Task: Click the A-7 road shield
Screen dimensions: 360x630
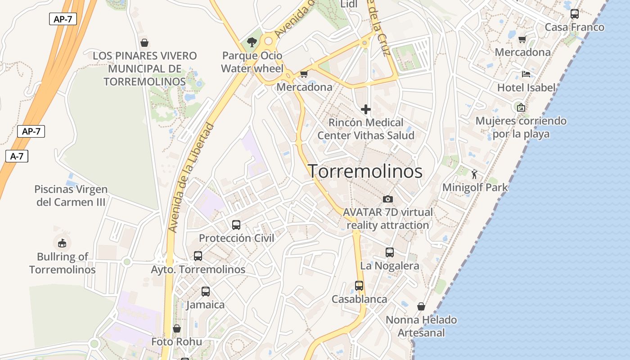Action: coord(17,156)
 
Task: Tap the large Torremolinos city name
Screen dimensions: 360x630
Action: coord(365,171)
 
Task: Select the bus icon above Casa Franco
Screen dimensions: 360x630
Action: coord(575,14)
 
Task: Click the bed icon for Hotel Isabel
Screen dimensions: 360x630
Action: coord(526,74)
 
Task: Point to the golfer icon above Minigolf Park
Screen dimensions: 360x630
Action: coord(474,174)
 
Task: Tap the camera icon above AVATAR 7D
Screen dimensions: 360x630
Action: coord(387,199)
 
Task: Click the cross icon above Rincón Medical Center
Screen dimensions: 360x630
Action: coord(366,109)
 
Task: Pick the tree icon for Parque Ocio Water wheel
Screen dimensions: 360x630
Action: coord(252,42)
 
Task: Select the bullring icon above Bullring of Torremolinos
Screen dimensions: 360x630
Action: coord(62,243)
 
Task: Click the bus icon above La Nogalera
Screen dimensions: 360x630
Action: coord(390,252)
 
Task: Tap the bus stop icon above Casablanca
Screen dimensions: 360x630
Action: coord(359,286)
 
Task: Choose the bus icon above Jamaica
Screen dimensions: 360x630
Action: coord(206,292)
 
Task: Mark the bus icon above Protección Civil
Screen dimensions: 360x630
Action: coord(236,225)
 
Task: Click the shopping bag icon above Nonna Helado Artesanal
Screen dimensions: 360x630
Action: coord(421,306)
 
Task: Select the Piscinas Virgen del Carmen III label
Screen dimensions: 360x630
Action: coord(71,196)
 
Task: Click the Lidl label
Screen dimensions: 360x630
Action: coord(349,4)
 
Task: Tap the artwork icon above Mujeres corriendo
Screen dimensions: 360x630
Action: coord(521,107)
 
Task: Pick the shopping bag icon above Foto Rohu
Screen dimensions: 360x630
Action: coord(177,328)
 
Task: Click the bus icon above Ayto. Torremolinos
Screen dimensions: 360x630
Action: coord(198,256)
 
